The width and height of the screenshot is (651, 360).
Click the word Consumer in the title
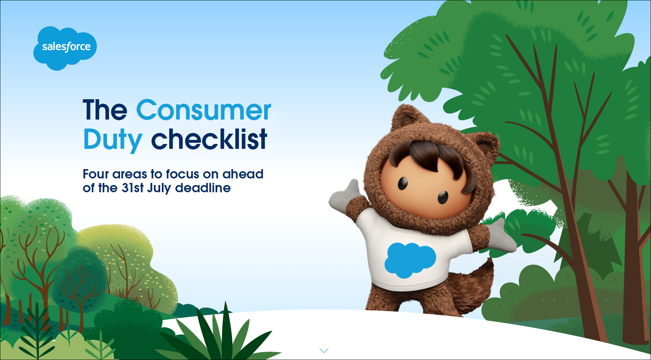204,110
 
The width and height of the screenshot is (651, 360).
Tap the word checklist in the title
209,138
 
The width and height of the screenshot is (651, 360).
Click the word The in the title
105,110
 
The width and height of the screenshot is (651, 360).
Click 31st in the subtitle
133,188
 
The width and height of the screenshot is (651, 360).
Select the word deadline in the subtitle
203,188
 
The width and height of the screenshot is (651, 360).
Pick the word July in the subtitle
159,188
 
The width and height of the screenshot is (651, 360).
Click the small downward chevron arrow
324,350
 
